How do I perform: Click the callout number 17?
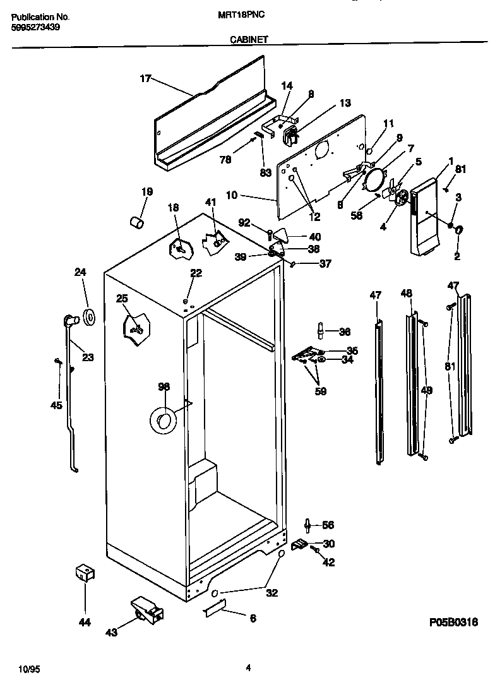[x=146, y=79]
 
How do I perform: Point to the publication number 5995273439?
[x=36, y=28]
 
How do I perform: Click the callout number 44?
[x=85, y=623]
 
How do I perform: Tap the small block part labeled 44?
[x=84, y=573]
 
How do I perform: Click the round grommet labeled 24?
[x=88, y=318]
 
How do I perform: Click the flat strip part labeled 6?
[x=215, y=609]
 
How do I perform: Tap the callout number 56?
[x=328, y=525]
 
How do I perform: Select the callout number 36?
[x=344, y=331]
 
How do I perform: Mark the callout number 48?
[x=406, y=293]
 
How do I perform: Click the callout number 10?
[x=232, y=196]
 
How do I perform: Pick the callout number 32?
[x=272, y=594]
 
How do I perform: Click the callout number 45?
[x=56, y=405]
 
